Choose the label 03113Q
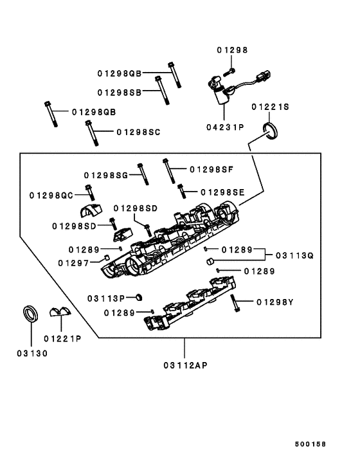pos(295,255)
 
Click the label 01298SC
pos(138,132)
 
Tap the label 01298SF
pos(212,169)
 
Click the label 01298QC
pos(51,195)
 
